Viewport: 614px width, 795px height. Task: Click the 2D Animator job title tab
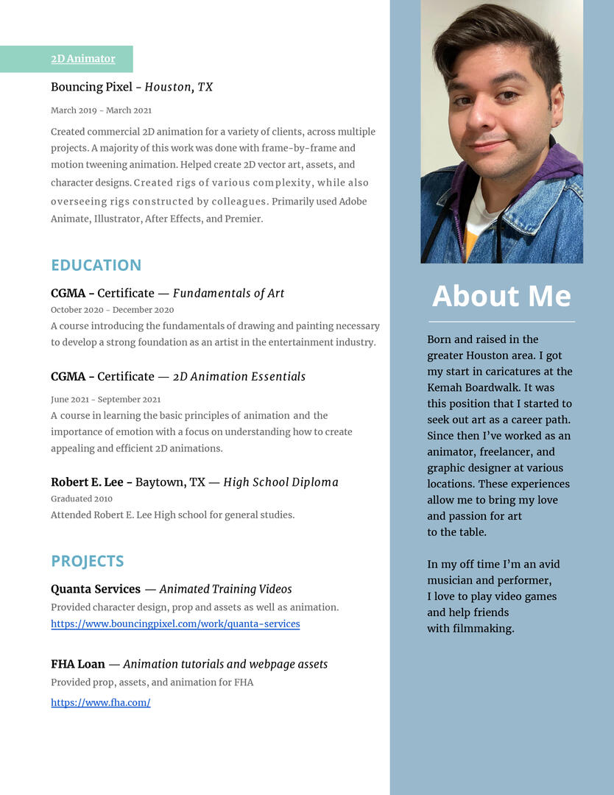pos(82,59)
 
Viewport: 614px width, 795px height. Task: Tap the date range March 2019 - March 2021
pos(101,110)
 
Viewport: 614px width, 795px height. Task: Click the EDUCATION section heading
pos(96,265)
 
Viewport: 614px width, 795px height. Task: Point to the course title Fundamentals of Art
pos(228,293)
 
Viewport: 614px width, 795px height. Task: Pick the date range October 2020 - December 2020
pos(112,310)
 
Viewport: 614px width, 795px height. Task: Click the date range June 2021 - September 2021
pos(105,400)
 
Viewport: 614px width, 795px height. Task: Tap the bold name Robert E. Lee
pos(87,482)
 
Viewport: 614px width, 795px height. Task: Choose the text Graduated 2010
pos(81,498)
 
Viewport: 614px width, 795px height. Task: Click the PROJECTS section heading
pos(87,561)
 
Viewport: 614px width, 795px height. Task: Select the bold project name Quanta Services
pos(95,589)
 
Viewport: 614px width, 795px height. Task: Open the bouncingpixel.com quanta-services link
pos(175,623)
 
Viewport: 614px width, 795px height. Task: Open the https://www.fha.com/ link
pos(100,702)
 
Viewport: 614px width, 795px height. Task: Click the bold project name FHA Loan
pos(77,664)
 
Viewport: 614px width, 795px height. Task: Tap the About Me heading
pos(501,296)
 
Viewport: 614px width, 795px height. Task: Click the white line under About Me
pos(501,322)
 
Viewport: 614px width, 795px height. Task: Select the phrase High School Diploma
pos(280,482)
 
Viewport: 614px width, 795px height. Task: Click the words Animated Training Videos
pos(225,589)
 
